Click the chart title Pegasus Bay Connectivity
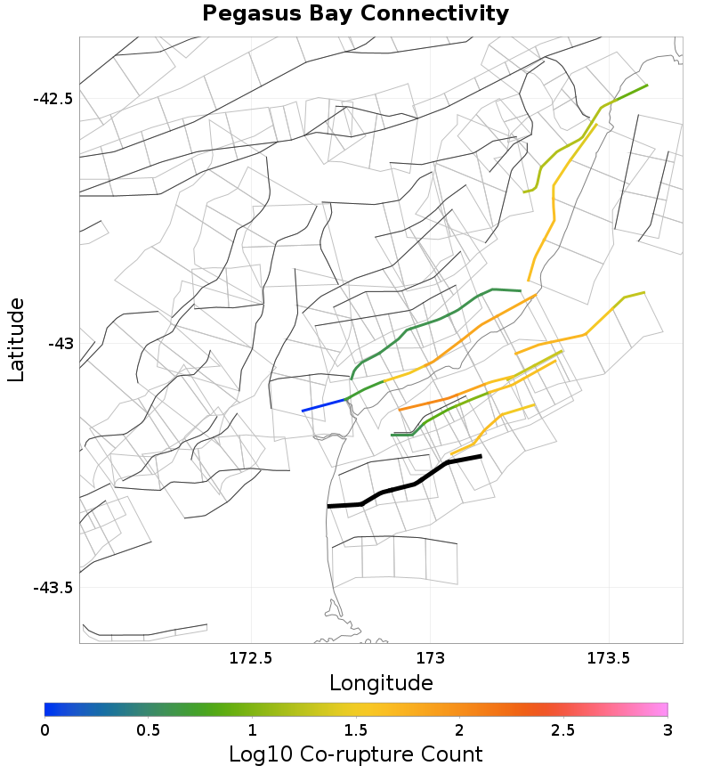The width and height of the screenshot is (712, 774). click(355, 14)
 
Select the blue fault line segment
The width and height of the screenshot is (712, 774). click(324, 405)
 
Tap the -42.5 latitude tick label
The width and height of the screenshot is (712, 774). click(53, 98)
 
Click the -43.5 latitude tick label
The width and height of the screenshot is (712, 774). click(53, 587)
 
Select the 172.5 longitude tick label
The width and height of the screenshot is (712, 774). click(251, 659)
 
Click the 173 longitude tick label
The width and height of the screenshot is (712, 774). click(430, 659)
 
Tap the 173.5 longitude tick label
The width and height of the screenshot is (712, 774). click(609, 659)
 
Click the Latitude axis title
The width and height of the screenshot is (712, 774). click(17, 340)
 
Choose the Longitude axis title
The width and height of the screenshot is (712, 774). click(381, 683)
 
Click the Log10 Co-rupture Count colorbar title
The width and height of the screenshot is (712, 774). click(355, 754)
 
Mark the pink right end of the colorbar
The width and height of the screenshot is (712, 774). click(662, 709)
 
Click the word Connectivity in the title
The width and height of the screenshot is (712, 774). click(441, 14)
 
